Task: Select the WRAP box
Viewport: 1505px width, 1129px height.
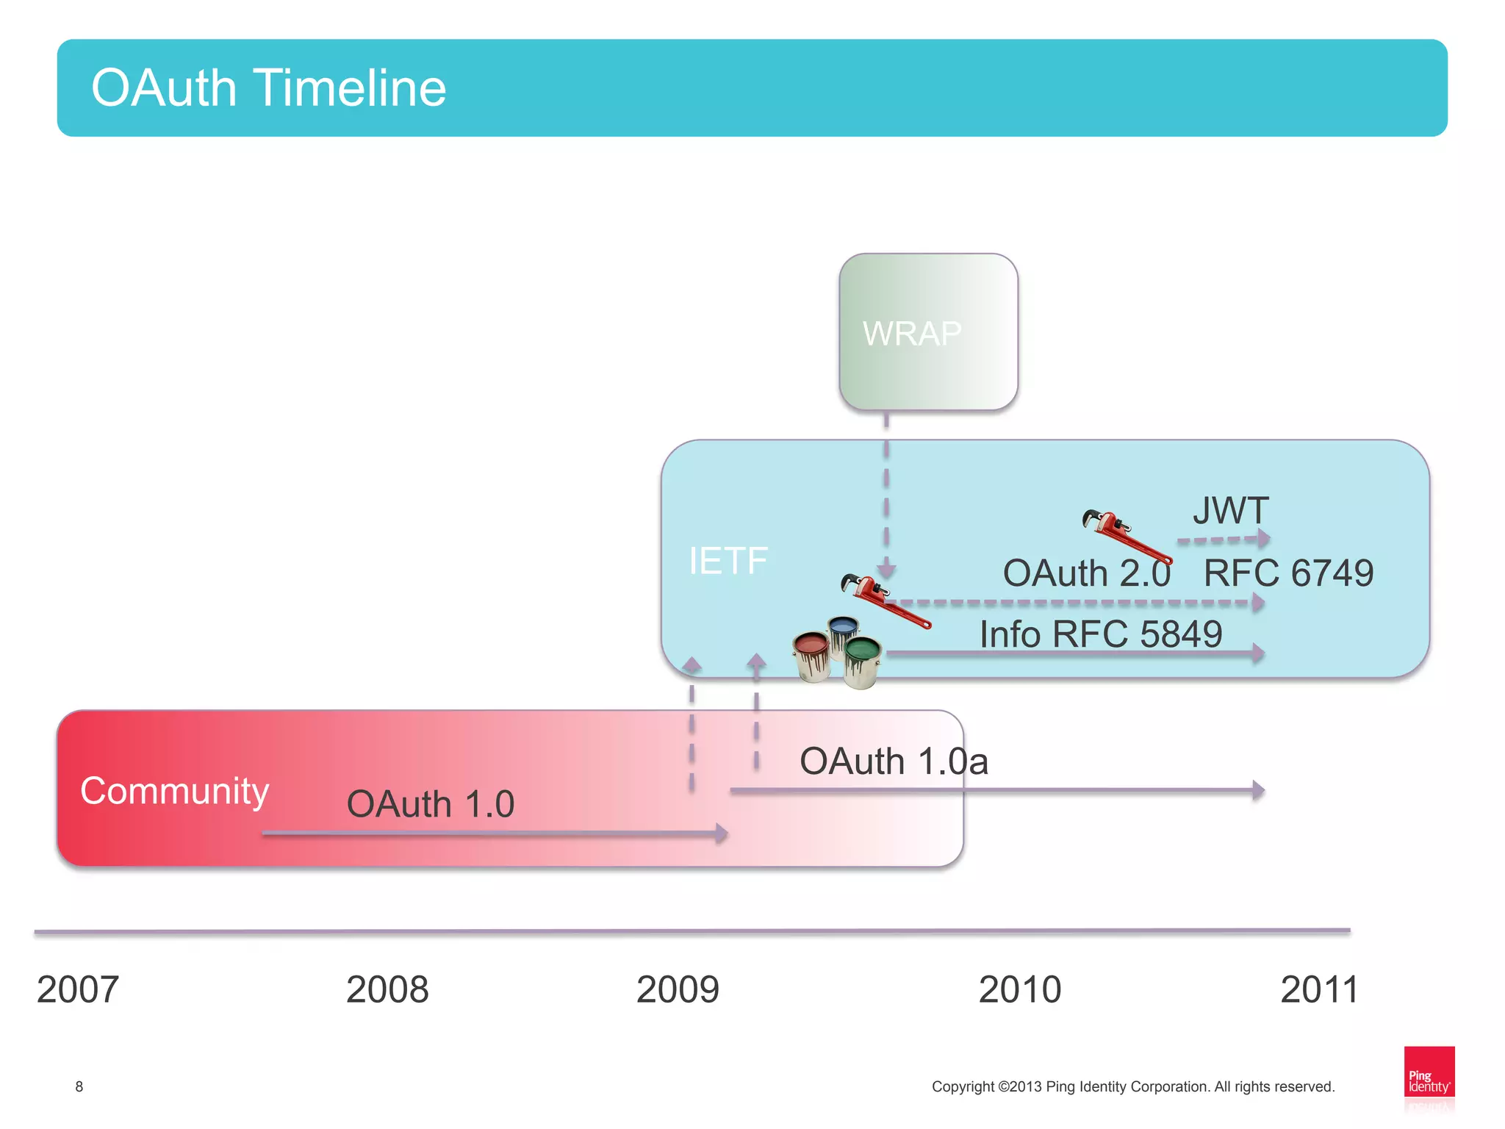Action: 928,332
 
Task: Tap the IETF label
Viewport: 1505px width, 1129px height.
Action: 728,561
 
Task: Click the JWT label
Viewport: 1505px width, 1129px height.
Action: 1231,510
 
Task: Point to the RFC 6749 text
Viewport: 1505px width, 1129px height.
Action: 1288,573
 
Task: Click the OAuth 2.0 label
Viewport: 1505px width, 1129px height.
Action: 1086,573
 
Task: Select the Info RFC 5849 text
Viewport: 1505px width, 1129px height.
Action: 1100,634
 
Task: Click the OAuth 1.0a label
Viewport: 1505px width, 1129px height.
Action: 894,761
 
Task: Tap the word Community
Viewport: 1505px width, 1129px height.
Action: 175,792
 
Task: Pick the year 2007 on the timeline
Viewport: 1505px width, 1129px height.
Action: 78,989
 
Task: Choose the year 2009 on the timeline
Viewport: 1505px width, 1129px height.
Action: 678,989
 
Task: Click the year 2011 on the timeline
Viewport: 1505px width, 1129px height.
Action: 1319,989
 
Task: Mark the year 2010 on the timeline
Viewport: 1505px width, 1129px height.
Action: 1020,989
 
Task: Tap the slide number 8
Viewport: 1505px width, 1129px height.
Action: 79,1086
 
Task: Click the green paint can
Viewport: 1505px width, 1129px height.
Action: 862,660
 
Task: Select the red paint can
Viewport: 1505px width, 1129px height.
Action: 812,654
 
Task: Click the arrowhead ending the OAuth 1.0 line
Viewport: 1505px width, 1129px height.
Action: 722,833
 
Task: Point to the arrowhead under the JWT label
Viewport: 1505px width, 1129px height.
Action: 1263,539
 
